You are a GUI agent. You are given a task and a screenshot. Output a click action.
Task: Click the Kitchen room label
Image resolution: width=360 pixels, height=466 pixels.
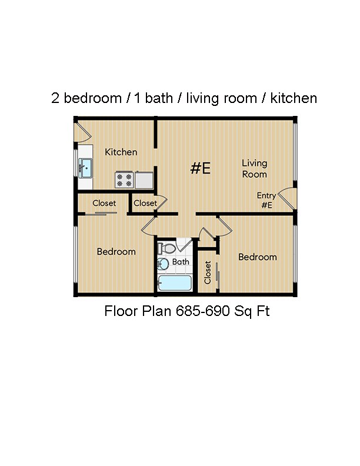(x=121, y=152)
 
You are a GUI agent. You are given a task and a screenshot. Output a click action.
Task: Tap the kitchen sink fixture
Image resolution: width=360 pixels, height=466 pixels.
(x=86, y=168)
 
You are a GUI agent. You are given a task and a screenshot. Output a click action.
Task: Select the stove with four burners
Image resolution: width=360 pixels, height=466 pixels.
(x=124, y=179)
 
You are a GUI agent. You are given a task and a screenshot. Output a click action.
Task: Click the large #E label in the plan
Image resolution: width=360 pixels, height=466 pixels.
(x=201, y=168)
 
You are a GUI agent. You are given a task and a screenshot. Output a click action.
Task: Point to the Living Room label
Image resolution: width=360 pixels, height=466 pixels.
(x=255, y=168)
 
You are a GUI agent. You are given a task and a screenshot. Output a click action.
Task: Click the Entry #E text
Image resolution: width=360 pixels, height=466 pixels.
(x=266, y=201)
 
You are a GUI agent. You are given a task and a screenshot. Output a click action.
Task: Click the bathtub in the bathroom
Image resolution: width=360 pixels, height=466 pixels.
(x=175, y=283)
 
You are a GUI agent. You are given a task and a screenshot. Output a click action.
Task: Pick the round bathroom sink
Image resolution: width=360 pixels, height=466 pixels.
(x=163, y=264)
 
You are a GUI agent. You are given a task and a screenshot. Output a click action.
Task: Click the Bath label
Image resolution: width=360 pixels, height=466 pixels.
(x=181, y=262)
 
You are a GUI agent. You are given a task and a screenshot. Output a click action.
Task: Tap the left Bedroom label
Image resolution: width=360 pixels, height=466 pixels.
(x=116, y=252)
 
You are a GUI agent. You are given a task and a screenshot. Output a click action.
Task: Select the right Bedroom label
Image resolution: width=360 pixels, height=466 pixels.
(x=257, y=257)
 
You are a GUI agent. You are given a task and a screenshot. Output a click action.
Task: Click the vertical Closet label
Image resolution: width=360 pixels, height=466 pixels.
(x=208, y=272)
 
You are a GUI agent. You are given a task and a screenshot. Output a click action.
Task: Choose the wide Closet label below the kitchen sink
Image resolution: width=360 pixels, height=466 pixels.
(x=104, y=204)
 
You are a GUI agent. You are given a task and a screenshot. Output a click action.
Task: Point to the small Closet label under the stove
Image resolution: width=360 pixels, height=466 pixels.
(x=145, y=204)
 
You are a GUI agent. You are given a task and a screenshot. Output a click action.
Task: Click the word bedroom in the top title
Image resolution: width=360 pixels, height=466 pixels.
(x=91, y=98)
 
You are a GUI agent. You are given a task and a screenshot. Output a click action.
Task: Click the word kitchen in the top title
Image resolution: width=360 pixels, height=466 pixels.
(x=294, y=98)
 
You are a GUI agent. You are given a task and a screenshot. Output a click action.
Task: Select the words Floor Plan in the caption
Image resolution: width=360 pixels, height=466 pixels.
(x=138, y=311)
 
